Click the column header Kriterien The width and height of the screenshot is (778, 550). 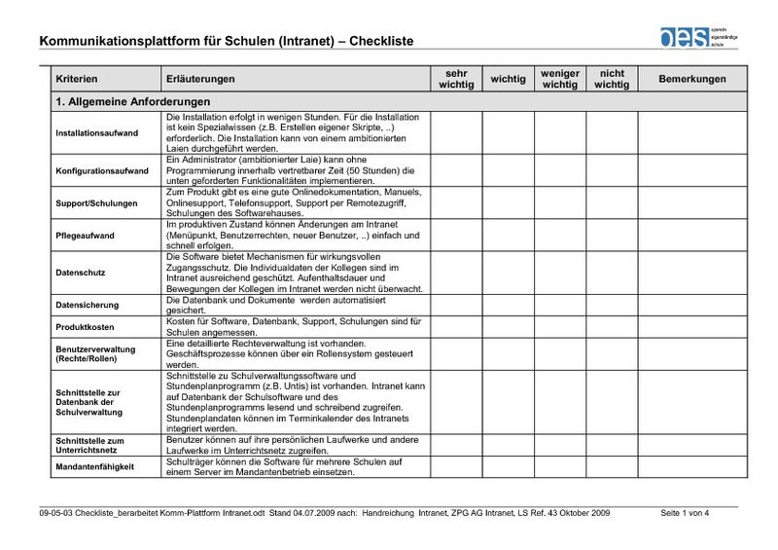point(77,78)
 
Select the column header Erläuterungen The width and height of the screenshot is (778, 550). point(199,78)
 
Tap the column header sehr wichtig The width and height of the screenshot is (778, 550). point(456,78)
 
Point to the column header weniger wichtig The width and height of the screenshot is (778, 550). point(559,78)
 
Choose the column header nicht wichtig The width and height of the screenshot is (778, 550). point(612,78)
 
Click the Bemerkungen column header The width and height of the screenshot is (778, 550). point(692,78)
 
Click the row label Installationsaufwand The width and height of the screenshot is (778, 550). point(96,132)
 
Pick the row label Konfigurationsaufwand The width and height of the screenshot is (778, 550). point(102,170)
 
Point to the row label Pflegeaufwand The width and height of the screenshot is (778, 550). point(84,236)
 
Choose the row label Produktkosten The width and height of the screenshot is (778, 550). point(85,327)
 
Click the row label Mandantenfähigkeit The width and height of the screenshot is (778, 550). point(94,466)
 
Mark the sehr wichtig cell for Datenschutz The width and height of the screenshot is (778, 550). point(456,274)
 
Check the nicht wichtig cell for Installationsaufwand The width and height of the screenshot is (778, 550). point(612,132)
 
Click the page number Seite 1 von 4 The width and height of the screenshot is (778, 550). point(685,511)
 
